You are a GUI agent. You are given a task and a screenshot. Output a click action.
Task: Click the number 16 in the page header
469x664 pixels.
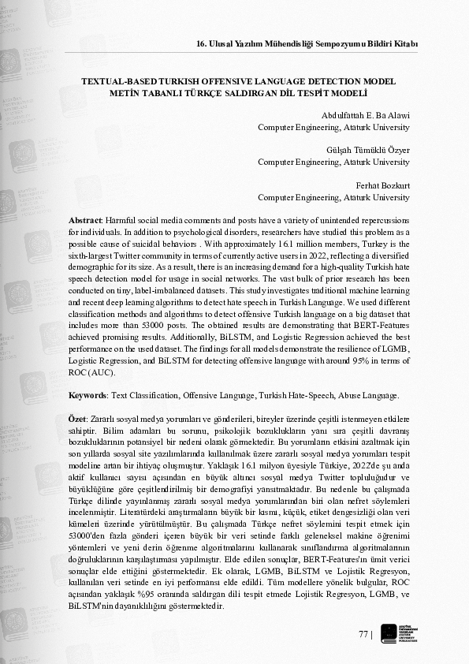(202, 43)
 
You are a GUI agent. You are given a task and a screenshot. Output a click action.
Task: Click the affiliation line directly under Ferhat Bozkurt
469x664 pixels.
(333, 197)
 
